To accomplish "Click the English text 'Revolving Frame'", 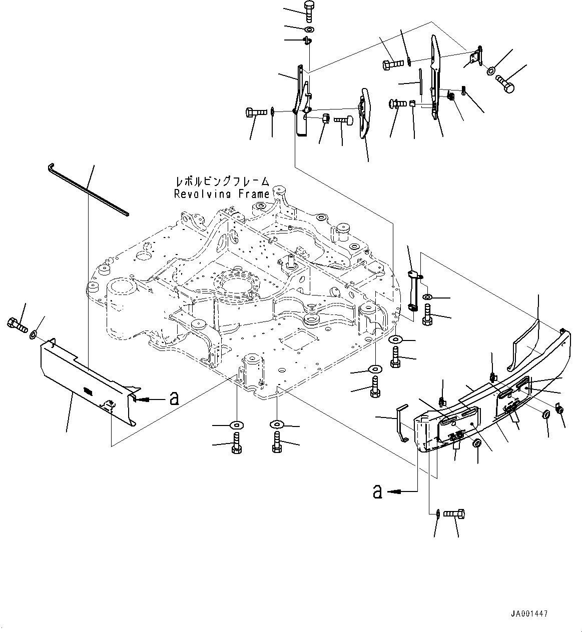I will pyautogui.click(x=222, y=194).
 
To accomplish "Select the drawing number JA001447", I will pyautogui.click(x=529, y=613).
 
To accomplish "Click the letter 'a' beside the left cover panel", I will pyautogui.click(x=174, y=398).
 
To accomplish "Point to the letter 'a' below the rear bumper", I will pyautogui.click(x=377, y=492).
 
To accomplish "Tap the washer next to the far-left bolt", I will pyautogui.click(x=33, y=333).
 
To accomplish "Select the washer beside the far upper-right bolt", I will pyautogui.click(x=491, y=70).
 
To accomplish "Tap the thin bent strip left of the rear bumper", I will pyautogui.click(x=401, y=423).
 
